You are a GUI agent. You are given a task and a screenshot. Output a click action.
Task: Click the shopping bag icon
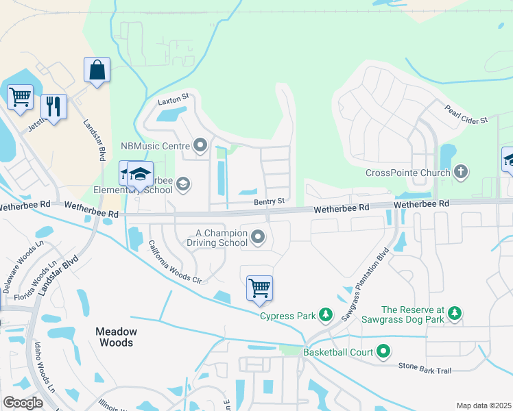pos(97,70)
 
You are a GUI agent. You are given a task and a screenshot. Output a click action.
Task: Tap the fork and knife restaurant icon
pos(53,106)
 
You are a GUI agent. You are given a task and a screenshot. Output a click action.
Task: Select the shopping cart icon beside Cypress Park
pos(259,288)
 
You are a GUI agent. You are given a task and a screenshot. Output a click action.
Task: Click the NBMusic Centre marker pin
pos(200,145)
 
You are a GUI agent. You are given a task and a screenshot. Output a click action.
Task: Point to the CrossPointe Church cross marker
pos(462,173)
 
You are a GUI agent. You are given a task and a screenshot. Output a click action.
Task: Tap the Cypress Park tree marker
pos(326,316)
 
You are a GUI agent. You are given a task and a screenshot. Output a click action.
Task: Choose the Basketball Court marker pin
pos(383,353)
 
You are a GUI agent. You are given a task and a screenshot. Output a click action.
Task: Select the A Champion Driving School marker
pos(258,237)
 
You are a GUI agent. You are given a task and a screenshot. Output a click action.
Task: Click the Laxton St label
pos(172,100)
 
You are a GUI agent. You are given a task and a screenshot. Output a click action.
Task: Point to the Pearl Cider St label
pos(466,114)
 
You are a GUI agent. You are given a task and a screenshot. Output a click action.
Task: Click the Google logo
pos(23,402)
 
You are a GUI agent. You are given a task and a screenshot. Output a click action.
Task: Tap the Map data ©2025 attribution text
pos(483,406)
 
